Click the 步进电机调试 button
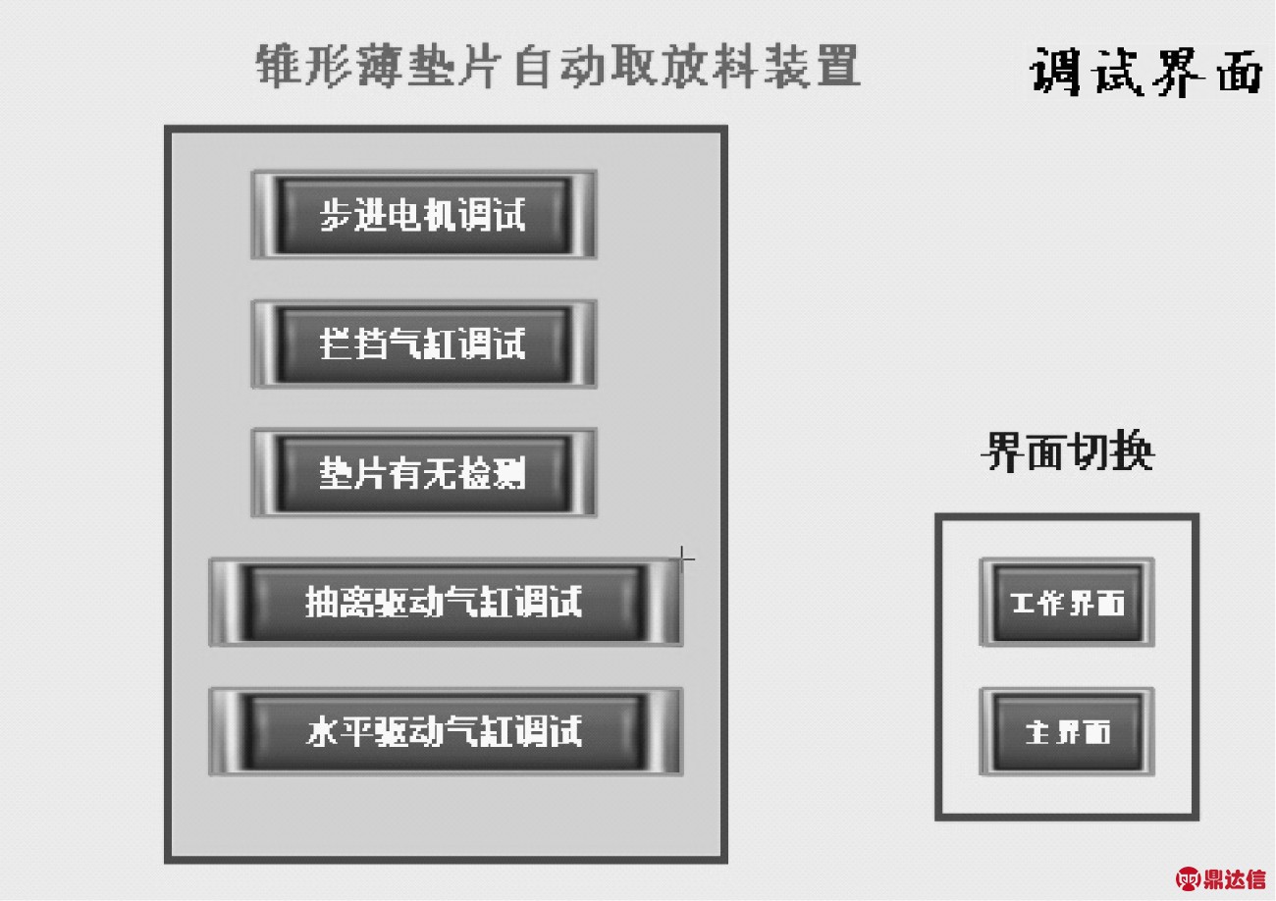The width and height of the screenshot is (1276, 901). (424, 215)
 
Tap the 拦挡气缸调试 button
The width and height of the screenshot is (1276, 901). (424, 344)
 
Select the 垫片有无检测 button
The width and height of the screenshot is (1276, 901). (424, 473)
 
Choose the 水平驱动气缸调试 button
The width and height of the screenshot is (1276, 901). (446, 732)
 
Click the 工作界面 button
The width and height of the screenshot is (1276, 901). (1067, 603)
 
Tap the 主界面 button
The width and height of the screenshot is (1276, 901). (1067, 732)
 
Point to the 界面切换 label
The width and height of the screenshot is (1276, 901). (1068, 451)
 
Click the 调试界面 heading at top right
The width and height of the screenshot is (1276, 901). (1145, 73)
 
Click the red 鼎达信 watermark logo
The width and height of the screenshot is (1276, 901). (1221, 878)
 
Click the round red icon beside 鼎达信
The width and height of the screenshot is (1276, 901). (1188, 878)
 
